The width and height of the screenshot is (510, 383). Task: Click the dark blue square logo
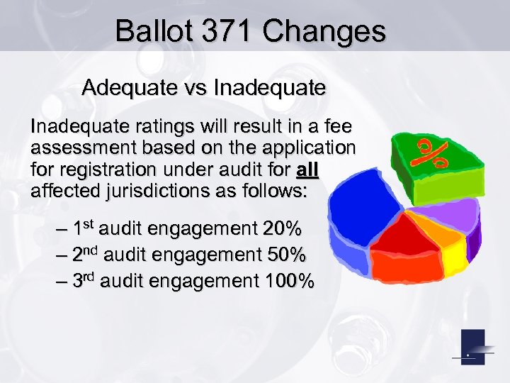tap(473, 348)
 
